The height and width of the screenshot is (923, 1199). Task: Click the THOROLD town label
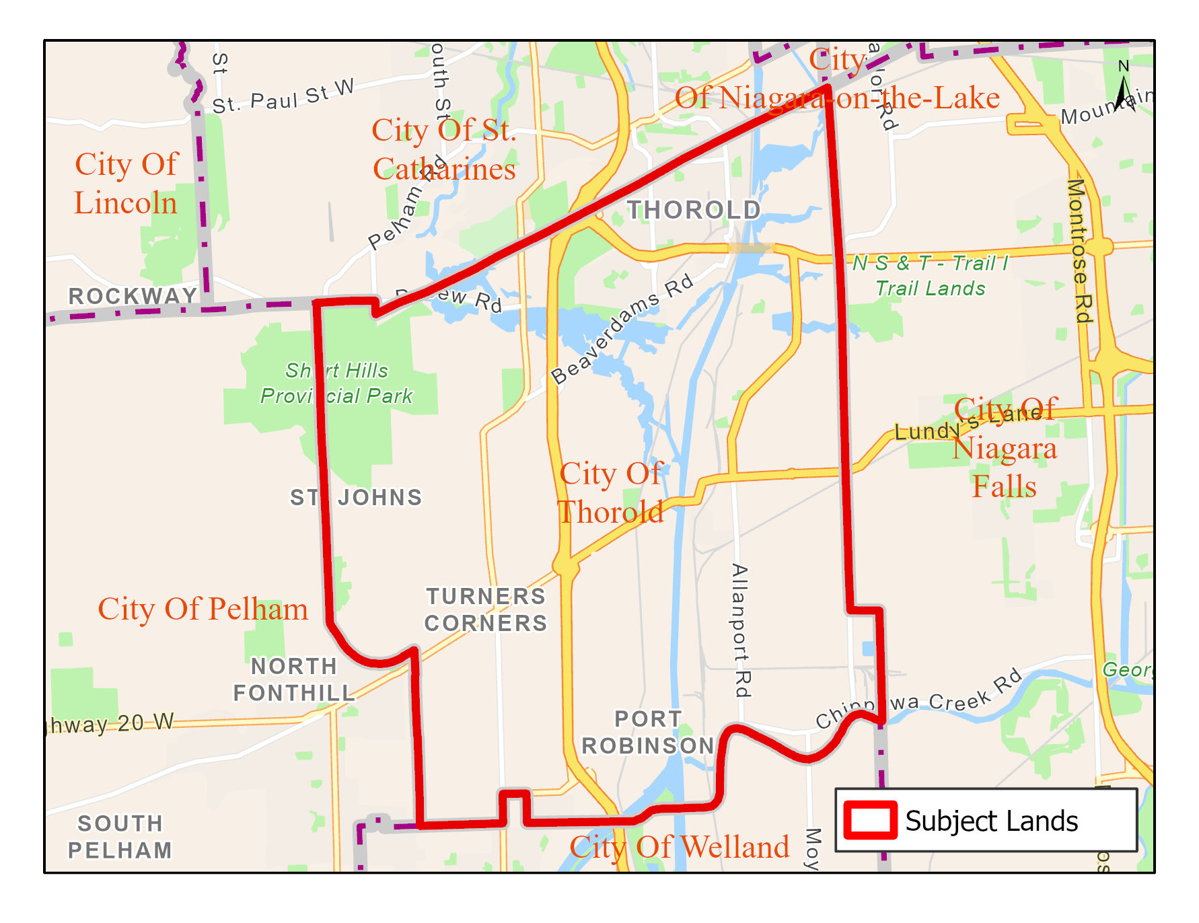(x=694, y=210)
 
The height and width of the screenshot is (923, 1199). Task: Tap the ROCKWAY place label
(x=133, y=296)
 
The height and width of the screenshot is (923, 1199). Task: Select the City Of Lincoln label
(x=126, y=184)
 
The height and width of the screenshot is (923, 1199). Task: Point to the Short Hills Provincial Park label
(x=336, y=383)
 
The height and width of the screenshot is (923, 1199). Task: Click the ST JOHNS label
(x=356, y=497)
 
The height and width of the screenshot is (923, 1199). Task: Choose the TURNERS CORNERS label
(x=486, y=610)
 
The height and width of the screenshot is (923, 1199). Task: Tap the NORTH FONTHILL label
(x=294, y=679)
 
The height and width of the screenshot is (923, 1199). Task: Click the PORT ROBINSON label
(x=647, y=732)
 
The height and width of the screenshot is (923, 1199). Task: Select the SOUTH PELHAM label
(x=120, y=836)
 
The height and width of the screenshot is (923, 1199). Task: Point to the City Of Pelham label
(x=203, y=609)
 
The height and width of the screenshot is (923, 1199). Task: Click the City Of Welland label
(x=680, y=847)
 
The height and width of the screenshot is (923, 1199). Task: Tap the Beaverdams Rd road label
(x=622, y=329)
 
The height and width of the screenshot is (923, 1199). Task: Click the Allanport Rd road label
(x=740, y=630)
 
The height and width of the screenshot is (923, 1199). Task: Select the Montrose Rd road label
(x=1079, y=250)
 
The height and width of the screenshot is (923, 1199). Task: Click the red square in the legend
(x=871, y=820)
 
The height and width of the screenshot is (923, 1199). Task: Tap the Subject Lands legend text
(x=991, y=821)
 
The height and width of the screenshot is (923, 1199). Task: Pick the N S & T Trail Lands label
(x=931, y=276)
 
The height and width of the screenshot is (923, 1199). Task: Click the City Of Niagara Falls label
(x=1005, y=447)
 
